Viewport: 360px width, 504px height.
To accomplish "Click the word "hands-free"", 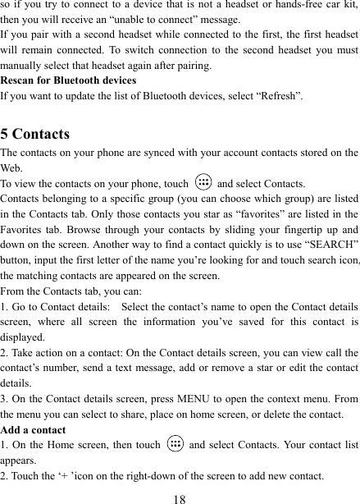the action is pyautogui.click(x=263, y=7).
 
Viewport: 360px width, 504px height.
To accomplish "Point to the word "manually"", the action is pyautogui.click(x=24, y=66).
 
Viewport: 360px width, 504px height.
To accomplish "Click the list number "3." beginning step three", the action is pyautogui.click(x=6, y=398).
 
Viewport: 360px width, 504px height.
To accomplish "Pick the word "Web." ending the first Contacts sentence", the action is pyautogui.click(x=14, y=167).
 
